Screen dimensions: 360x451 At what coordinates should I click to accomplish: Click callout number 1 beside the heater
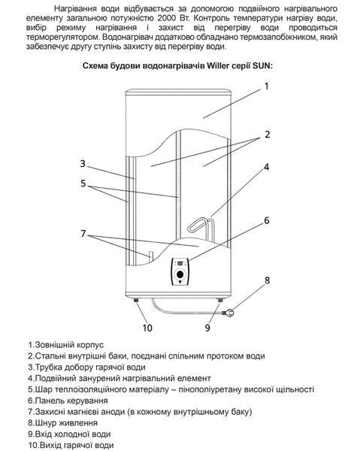[267, 86]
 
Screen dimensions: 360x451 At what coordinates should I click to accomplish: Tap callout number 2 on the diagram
[268, 135]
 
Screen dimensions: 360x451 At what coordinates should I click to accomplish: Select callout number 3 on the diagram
[83, 163]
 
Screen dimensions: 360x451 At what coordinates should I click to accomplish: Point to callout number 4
[267, 167]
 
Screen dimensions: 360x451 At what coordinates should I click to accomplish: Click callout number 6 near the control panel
[267, 220]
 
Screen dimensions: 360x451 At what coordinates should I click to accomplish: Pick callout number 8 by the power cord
[267, 280]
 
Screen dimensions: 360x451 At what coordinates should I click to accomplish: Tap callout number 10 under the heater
[147, 328]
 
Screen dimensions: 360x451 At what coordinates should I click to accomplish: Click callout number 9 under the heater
[207, 328]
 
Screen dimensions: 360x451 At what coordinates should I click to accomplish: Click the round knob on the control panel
[180, 274]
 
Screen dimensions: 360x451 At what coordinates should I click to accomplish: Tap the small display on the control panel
[180, 263]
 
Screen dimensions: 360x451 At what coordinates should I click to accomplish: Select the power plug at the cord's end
[228, 312]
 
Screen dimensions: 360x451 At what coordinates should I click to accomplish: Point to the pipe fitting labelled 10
[136, 300]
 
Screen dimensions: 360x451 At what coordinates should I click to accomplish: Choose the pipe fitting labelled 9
[220, 300]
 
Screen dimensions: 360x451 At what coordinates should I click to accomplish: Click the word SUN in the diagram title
[262, 65]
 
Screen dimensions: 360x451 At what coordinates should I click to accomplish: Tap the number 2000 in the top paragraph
[168, 18]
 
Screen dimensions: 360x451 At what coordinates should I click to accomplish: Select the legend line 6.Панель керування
[68, 401]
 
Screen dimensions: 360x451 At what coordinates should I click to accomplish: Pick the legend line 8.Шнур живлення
[62, 422]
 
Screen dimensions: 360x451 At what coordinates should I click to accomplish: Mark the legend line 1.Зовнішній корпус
[66, 344]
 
